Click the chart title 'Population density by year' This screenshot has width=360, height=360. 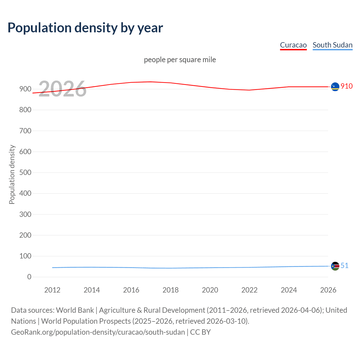tap(85, 28)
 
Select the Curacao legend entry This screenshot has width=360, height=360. tap(293, 45)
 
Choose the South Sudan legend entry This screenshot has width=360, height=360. tap(332, 45)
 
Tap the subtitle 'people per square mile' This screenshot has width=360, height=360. tap(180, 60)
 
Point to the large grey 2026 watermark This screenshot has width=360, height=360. tap(62, 89)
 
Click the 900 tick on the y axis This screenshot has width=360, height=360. tap(25, 89)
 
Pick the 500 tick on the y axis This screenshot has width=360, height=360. tap(25, 172)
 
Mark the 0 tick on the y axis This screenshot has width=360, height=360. tap(29, 277)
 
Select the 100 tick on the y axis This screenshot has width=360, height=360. tap(25, 256)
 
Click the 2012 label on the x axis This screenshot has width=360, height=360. tap(52, 290)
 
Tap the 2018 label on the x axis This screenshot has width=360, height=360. tap(170, 290)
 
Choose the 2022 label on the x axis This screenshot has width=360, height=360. tap(249, 290)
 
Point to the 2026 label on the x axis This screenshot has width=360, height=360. tap(328, 290)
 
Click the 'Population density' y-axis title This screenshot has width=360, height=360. tap(12, 174)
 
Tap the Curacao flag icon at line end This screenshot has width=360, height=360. tap(335, 87)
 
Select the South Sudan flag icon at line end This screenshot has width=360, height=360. tap(335, 266)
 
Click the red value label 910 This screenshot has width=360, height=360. tap(346, 86)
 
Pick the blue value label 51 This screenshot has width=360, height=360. tap(345, 265)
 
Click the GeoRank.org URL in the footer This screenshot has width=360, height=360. tap(98, 332)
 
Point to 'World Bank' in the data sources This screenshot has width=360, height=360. tap(75, 310)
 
